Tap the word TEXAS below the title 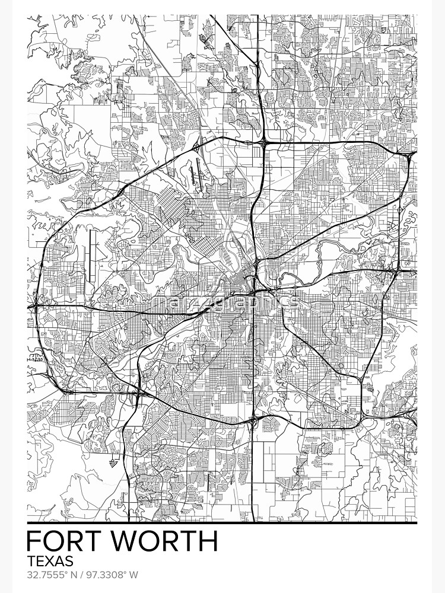point(50,561)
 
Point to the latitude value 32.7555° point(50,575)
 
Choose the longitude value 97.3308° point(108,575)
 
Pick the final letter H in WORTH point(207,542)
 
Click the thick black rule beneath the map point(222,523)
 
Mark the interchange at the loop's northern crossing point(263,143)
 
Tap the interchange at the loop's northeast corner point(411,157)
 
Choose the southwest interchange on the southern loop point(139,391)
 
